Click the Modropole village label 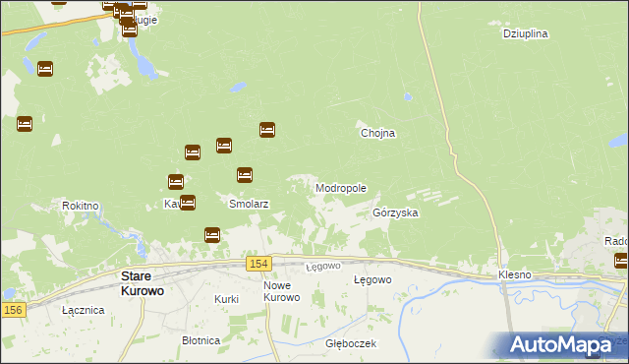pyautogui.click(x=341, y=188)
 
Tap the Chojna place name pyautogui.click(x=377, y=133)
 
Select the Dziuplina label pyautogui.click(x=525, y=33)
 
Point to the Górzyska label pyautogui.click(x=396, y=212)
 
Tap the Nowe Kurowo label pyautogui.click(x=281, y=291)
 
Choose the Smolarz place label pyautogui.click(x=249, y=205)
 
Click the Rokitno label pyautogui.click(x=81, y=206)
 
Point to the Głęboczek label pyautogui.click(x=351, y=344)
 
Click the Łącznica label pyautogui.click(x=83, y=310)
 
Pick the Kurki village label pyautogui.click(x=226, y=298)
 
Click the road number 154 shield pyautogui.click(x=258, y=264)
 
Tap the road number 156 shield pyautogui.click(x=13, y=310)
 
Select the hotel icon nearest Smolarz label pyautogui.click(x=245, y=175)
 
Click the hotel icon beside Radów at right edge pyautogui.click(x=621, y=261)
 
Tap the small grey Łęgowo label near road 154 pyautogui.click(x=322, y=267)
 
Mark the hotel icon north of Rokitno pyautogui.click(x=25, y=124)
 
